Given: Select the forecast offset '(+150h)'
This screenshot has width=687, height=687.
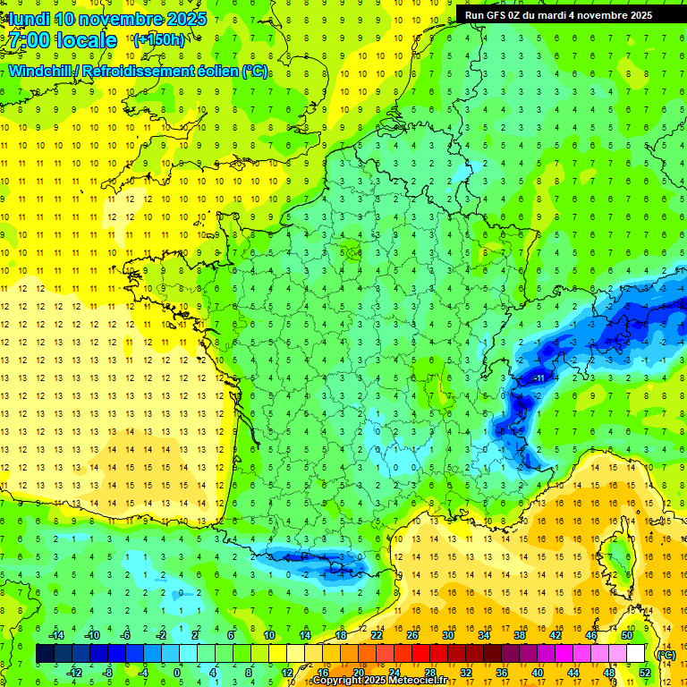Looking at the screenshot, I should pyautogui.click(x=158, y=39).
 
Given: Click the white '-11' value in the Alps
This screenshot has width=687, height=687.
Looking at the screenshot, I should pyautogui.click(x=539, y=379).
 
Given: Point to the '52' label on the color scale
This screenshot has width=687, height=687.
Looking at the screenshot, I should pyautogui.click(x=645, y=672).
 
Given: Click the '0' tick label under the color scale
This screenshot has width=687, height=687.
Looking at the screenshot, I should pyautogui.click(x=177, y=672).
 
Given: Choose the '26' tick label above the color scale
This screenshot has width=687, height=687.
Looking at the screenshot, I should pyautogui.click(x=412, y=635).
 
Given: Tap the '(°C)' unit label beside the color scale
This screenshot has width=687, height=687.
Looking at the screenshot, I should pyautogui.click(x=666, y=654).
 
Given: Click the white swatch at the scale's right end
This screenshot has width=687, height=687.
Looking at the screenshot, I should pyautogui.click(x=636, y=654).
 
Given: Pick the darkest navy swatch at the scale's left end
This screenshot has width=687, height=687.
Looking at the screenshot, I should pyautogui.click(x=45, y=654).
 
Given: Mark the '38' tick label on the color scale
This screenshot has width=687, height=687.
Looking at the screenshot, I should pyautogui.click(x=520, y=635).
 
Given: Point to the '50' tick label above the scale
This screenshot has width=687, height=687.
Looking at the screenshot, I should pyautogui.click(x=627, y=635).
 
